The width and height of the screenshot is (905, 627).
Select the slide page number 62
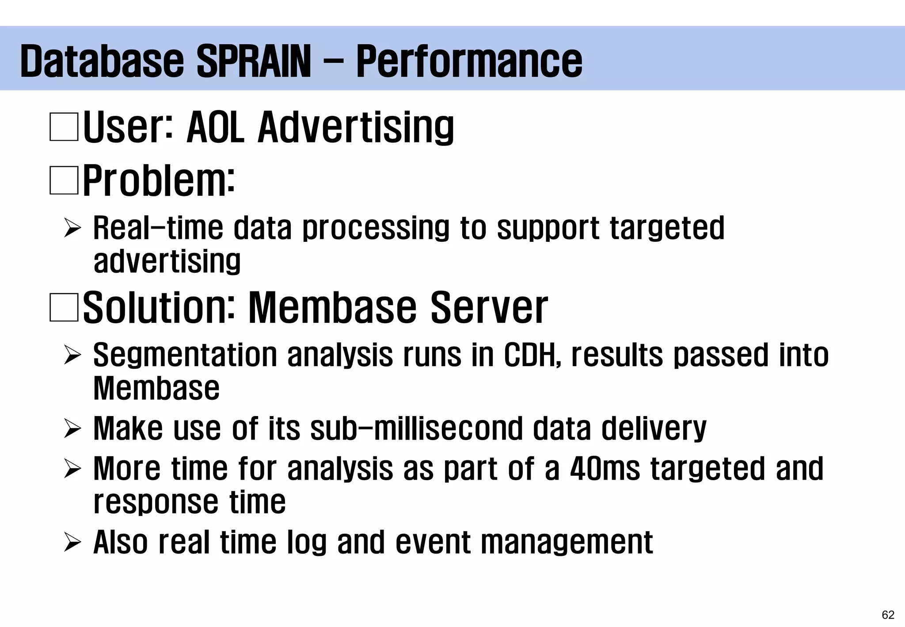coord(888,615)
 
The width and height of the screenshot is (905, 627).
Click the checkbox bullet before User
coord(64,127)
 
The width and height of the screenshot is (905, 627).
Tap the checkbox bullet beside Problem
coord(64,180)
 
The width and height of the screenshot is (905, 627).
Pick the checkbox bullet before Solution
coord(64,307)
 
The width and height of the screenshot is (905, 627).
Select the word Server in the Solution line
coord(489,307)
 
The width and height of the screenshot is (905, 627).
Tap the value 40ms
coord(605,468)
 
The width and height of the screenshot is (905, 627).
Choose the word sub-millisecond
coord(417,428)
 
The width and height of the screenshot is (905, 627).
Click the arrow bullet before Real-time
coord(72,229)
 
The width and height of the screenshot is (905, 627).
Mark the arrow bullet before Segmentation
coord(72,356)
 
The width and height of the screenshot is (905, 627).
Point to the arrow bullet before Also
coord(72,543)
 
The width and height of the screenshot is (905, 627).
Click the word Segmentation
coord(185,355)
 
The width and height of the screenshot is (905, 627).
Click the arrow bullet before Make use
coord(72,429)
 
